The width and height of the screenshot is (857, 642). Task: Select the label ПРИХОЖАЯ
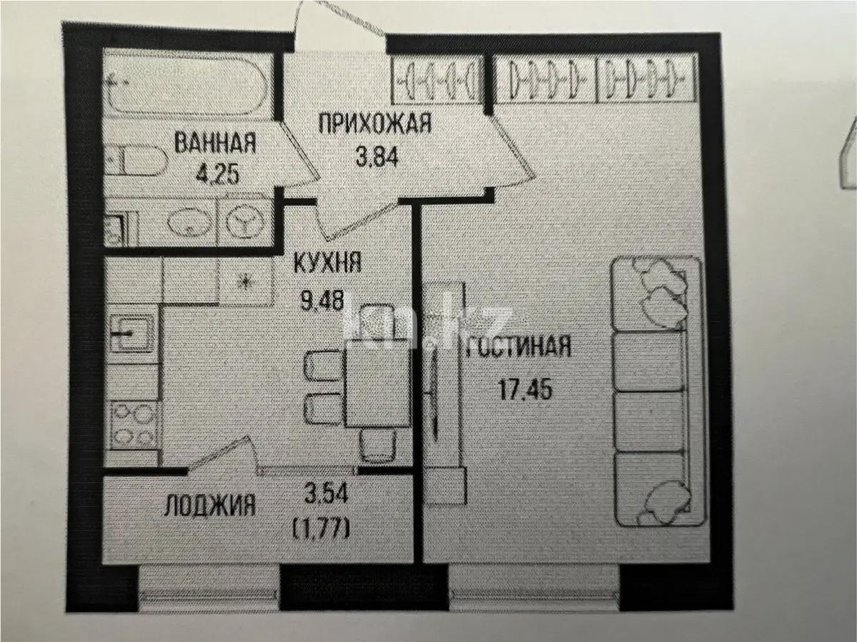pos(374,124)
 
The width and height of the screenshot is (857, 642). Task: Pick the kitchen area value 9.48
pos(323,301)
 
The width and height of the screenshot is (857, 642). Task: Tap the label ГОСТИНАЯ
pos(520,348)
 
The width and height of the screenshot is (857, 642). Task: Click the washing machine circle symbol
pos(246,221)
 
